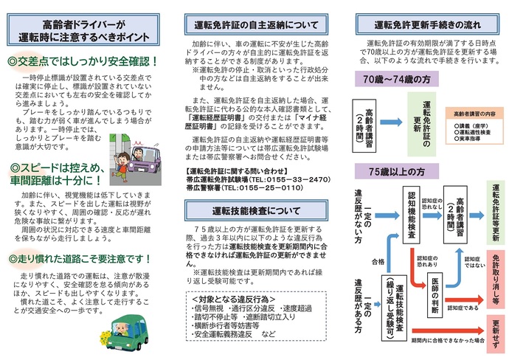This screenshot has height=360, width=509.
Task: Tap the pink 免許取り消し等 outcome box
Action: point(494,276)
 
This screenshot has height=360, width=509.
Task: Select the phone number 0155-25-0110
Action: point(273,187)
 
